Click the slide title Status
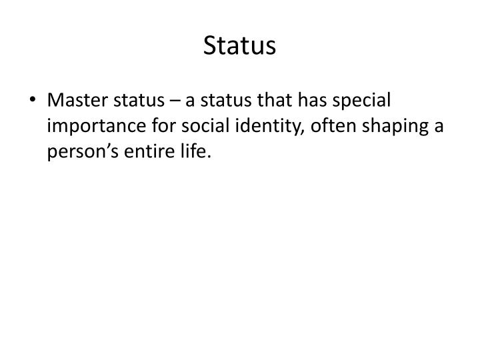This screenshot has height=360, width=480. pos(239,45)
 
